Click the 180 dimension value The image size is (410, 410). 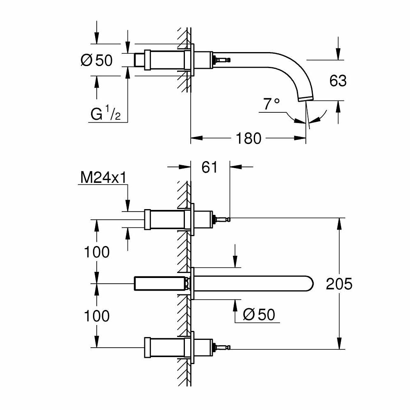[249, 139]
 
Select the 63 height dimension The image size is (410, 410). [338, 81]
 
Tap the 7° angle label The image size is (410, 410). [271, 105]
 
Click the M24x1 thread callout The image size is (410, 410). [103, 178]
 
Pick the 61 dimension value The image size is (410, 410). [210, 167]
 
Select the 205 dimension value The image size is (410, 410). [339, 284]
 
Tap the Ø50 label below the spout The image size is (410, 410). [259, 315]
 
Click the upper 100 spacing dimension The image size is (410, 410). [97, 252]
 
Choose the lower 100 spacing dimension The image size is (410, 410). [97, 316]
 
